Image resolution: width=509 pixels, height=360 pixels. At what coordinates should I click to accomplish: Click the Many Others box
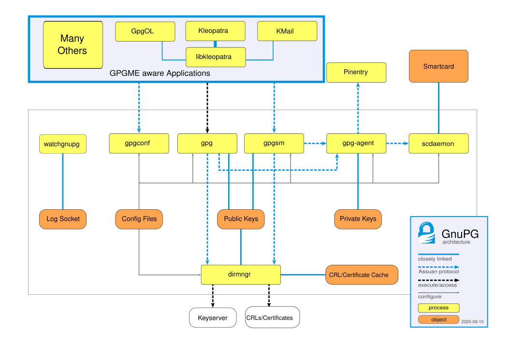coord(73,44)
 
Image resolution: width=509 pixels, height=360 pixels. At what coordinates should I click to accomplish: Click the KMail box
coord(287,31)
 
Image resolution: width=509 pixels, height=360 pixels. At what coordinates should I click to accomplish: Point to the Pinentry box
coord(356,72)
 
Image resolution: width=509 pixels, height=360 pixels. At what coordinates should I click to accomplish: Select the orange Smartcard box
coord(438,66)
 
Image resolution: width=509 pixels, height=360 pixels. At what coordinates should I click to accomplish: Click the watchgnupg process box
coord(62,144)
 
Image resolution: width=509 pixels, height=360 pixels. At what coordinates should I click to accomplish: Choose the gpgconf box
coord(139,144)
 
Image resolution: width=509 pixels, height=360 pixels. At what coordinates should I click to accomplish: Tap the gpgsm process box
coord(274,144)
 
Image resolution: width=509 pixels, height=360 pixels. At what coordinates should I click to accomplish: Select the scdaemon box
coord(438,144)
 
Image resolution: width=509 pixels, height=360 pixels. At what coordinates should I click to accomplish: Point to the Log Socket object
coord(63,219)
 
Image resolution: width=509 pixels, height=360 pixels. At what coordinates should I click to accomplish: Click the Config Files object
coord(139,219)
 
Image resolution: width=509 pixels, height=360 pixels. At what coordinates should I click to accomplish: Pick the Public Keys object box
coord(241,219)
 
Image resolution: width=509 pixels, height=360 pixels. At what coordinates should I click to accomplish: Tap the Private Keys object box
coord(358,219)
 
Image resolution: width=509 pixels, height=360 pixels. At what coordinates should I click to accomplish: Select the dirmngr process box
coord(240,274)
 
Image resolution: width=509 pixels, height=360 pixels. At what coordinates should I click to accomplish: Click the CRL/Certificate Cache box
coord(362,274)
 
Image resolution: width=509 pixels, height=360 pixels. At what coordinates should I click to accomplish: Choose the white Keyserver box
coord(213,318)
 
